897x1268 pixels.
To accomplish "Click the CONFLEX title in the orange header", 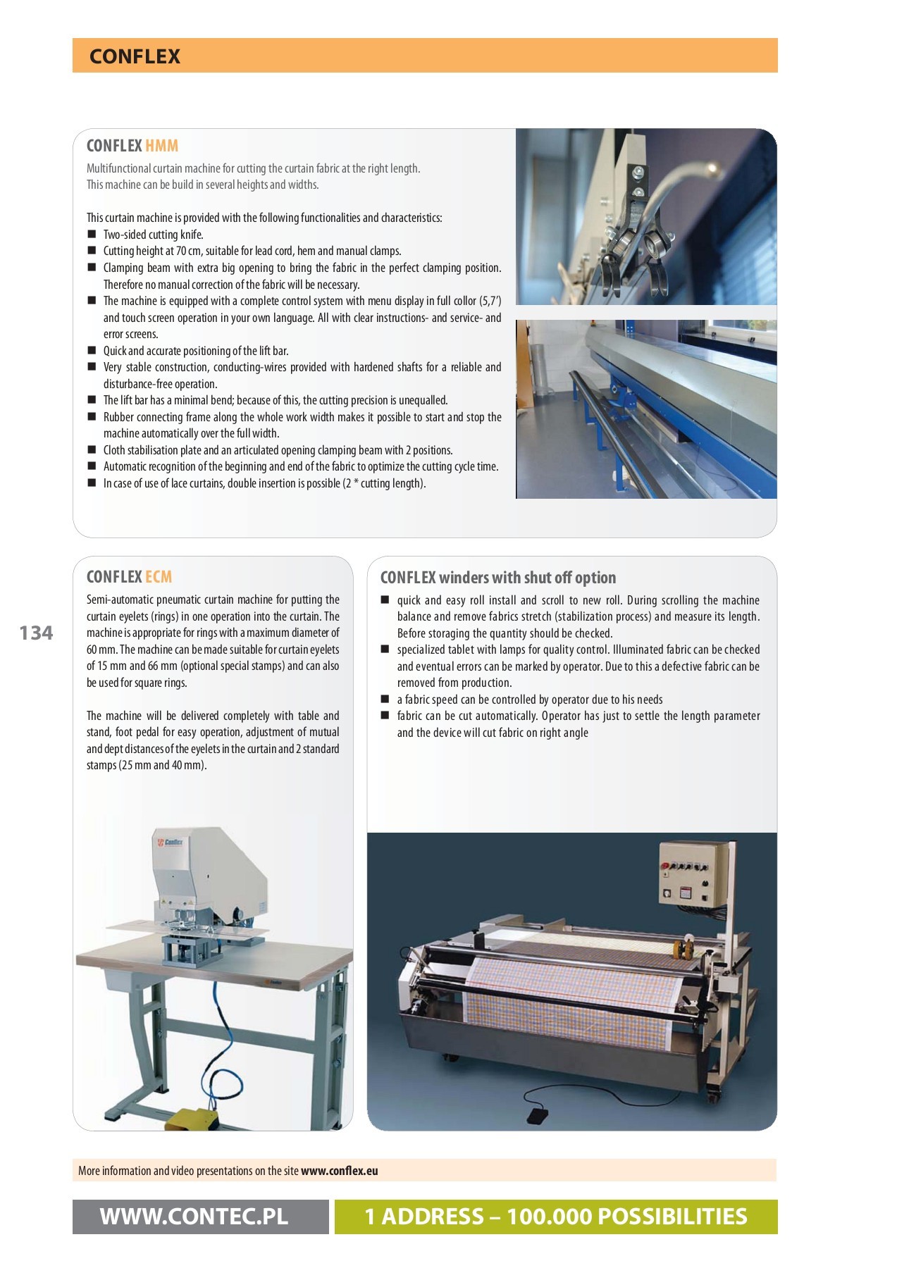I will click(135, 56).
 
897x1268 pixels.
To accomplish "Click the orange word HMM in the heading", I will click(161, 146).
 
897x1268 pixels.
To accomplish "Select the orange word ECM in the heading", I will click(159, 577).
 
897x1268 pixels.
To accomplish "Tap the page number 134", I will click(36, 633).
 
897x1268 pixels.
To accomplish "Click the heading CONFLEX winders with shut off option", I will click(497, 578).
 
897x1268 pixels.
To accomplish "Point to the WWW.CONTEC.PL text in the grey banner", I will click(194, 1217).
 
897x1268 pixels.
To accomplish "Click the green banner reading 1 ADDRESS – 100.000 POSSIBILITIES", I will click(555, 1217).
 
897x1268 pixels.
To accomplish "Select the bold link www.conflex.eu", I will click(339, 1171).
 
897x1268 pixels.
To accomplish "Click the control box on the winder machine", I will click(693, 874).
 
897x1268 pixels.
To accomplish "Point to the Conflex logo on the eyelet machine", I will click(170, 843).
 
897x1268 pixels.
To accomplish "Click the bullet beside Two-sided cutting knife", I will click(92, 234).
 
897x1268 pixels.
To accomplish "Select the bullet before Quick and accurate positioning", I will click(92, 350).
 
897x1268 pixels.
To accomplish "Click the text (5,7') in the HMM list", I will click(490, 301).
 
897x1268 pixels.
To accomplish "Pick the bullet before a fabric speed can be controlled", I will click(385, 700).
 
